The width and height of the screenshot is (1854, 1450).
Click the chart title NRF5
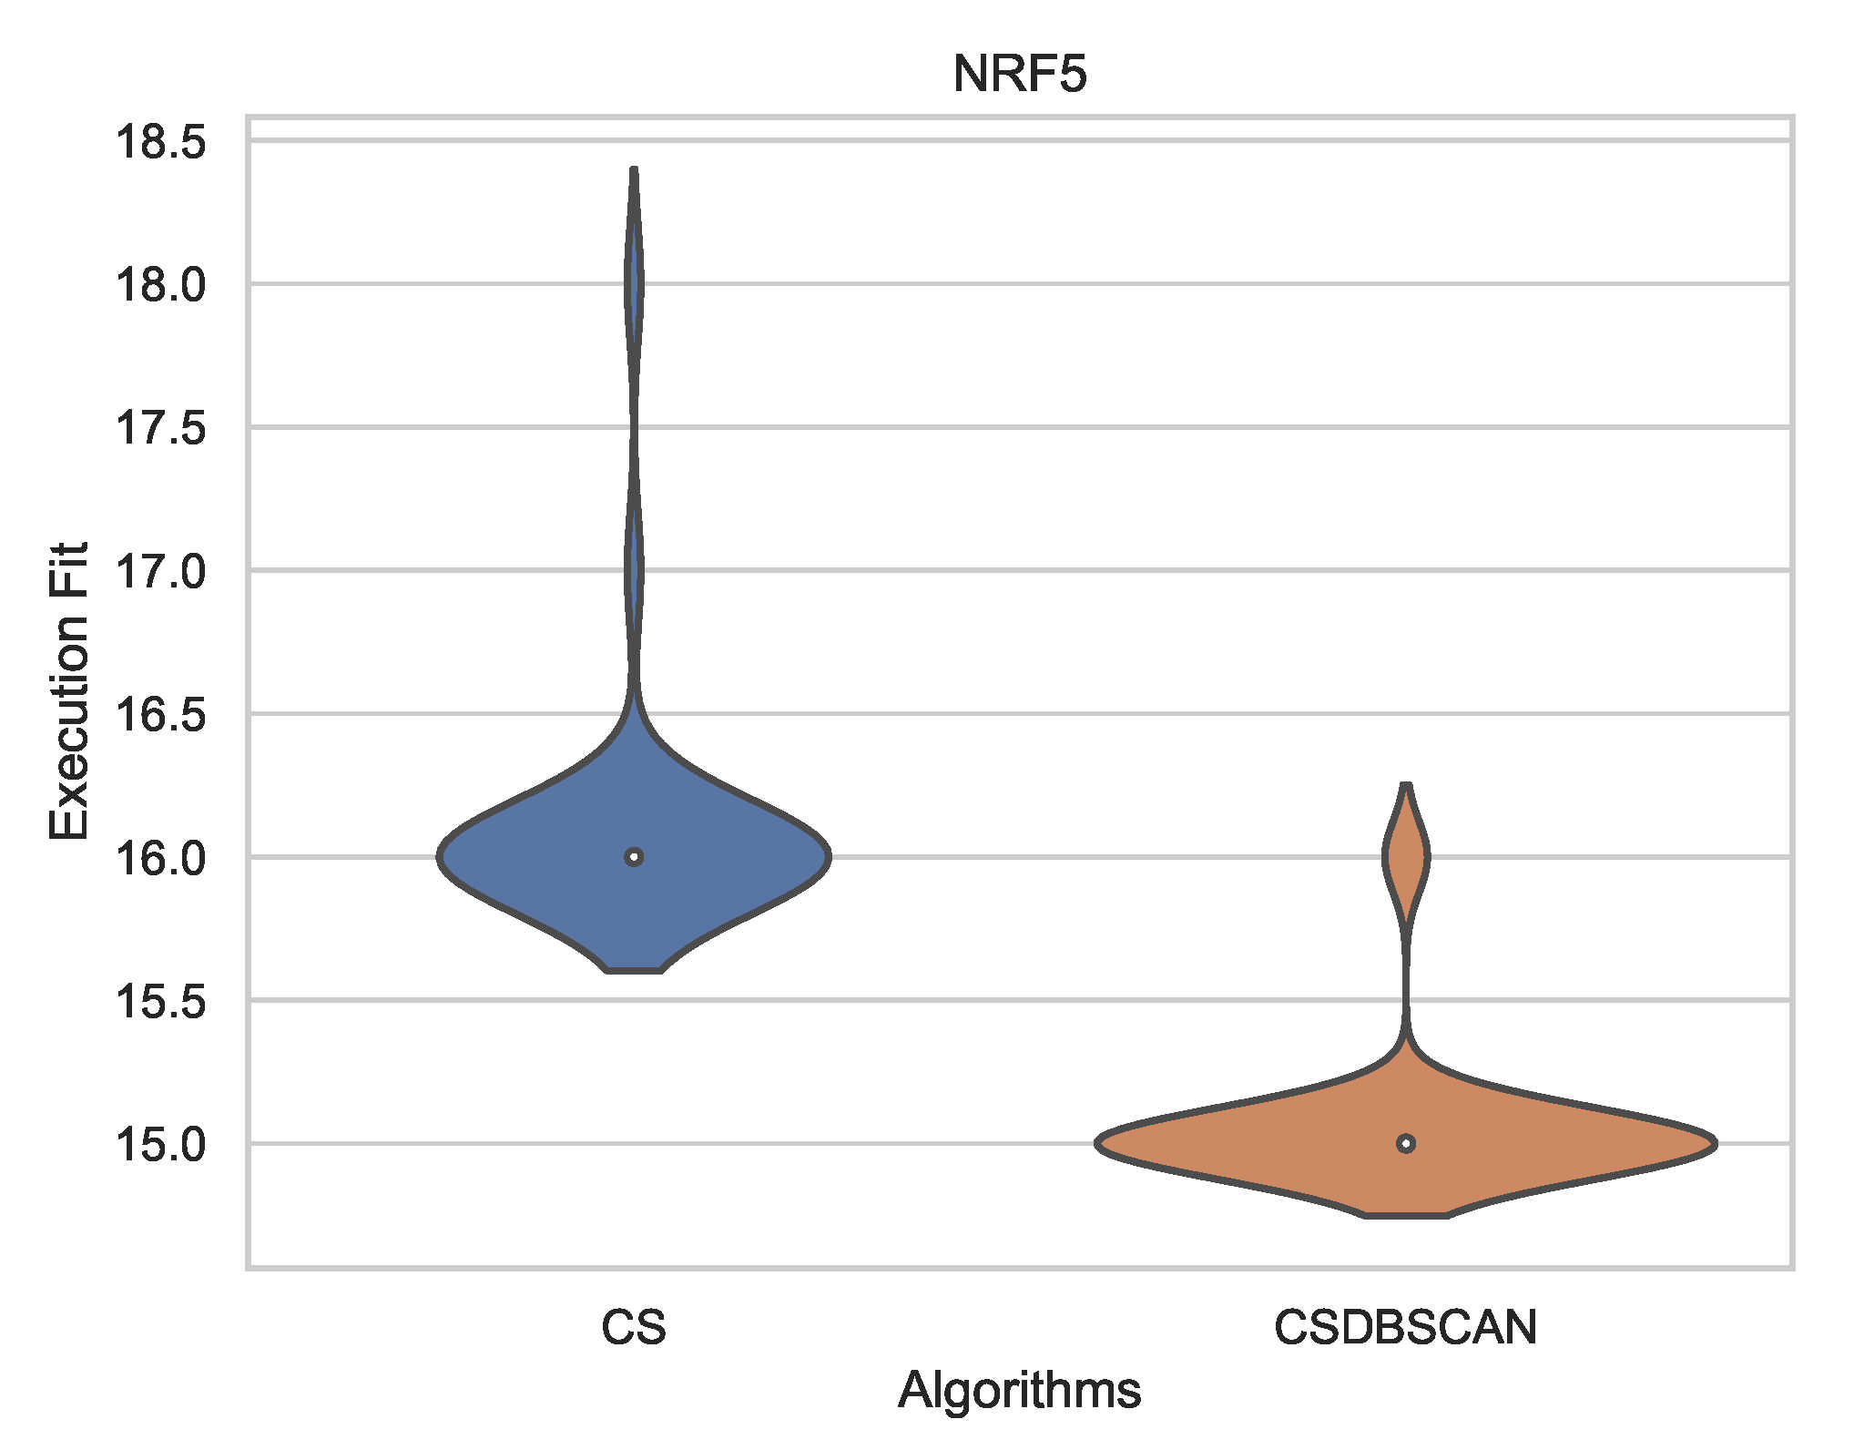point(1019,74)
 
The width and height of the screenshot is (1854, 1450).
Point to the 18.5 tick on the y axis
point(160,143)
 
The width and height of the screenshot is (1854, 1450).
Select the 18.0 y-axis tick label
point(160,285)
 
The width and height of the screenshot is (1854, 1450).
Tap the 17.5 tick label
point(160,428)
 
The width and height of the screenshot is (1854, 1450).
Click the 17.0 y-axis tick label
point(160,572)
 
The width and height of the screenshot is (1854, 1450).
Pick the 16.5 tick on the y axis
point(160,715)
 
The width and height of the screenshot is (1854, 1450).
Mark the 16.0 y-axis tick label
point(160,858)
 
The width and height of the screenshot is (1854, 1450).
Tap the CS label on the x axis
point(634,1327)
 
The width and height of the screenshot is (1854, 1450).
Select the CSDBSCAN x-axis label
point(1405,1327)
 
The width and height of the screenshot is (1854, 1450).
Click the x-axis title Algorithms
point(1019,1391)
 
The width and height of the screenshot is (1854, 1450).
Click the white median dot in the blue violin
point(635,857)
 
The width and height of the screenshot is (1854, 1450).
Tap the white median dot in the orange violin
point(1406,1143)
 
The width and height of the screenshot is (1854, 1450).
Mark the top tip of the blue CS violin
point(635,170)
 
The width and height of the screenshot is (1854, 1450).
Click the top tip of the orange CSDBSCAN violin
point(1407,785)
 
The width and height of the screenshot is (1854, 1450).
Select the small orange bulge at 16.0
point(1407,857)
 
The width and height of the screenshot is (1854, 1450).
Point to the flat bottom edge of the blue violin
point(635,971)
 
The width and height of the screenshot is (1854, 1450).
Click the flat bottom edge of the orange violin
point(1406,1214)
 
